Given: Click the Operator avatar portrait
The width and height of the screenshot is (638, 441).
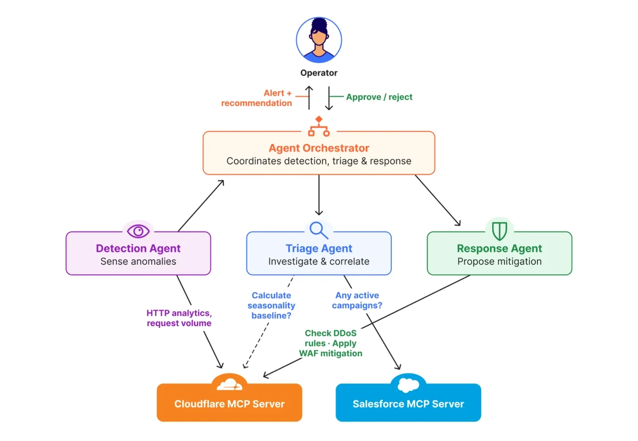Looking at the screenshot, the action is click(x=319, y=40).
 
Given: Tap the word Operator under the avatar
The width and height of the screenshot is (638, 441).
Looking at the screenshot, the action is click(x=319, y=73).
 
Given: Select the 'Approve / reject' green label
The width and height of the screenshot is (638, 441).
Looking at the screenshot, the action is click(x=379, y=97).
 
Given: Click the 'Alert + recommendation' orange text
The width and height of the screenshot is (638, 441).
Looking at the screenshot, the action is click(x=257, y=98).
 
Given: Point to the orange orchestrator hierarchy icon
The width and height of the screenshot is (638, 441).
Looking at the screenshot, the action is click(x=319, y=127).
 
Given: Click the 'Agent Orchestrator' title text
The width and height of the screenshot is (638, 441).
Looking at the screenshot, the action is click(x=319, y=148).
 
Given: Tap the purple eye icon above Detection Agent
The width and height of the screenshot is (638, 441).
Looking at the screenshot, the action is click(x=138, y=231).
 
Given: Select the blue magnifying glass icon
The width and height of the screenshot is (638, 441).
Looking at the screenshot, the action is click(x=319, y=230).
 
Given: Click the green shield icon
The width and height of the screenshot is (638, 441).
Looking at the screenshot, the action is click(x=499, y=231).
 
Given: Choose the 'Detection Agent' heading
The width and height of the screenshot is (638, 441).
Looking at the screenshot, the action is click(x=138, y=248).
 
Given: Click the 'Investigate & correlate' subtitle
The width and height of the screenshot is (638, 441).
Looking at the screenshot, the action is click(x=319, y=262).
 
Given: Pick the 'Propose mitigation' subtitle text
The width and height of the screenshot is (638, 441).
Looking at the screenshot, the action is click(x=499, y=262).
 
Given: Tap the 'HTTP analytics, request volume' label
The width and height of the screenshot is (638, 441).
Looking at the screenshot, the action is click(x=179, y=318).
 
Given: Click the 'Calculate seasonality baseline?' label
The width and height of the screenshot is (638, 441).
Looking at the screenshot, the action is click(x=271, y=305).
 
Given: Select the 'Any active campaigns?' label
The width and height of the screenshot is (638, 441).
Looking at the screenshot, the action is click(x=357, y=300).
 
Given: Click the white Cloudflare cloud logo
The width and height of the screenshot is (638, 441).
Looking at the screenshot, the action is click(x=230, y=385).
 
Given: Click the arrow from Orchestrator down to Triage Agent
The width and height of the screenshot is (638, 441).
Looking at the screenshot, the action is click(x=319, y=195).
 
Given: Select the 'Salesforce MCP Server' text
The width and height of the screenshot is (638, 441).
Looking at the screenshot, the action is click(x=408, y=404).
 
